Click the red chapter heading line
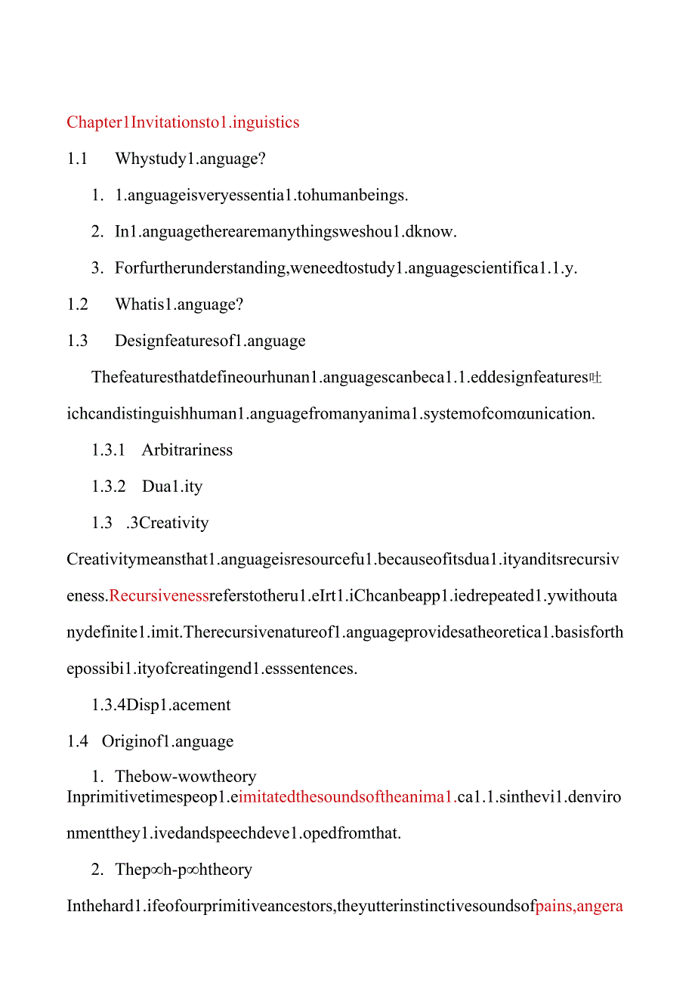(x=183, y=122)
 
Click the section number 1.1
(x=77, y=159)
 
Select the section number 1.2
(x=77, y=304)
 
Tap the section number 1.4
(x=77, y=741)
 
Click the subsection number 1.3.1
(x=109, y=450)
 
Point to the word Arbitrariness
(x=187, y=450)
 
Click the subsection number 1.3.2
(x=109, y=487)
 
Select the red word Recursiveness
(x=159, y=596)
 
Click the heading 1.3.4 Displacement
(x=161, y=705)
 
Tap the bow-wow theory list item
(x=185, y=777)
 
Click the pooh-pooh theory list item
(x=184, y=870)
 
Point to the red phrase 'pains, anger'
(x=579, y=906)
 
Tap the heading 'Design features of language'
(x=210, y=341)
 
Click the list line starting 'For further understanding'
(x=346, y=268)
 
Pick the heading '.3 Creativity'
(x=167, y=523)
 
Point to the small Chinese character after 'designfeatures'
(x=595, y=378)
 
